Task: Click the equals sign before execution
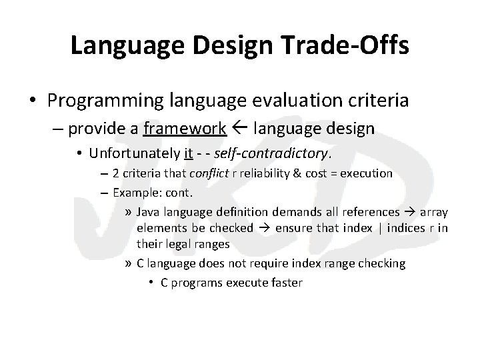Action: click(325, 174)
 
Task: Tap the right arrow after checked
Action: click(265, 228)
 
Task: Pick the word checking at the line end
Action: click(381, 263)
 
